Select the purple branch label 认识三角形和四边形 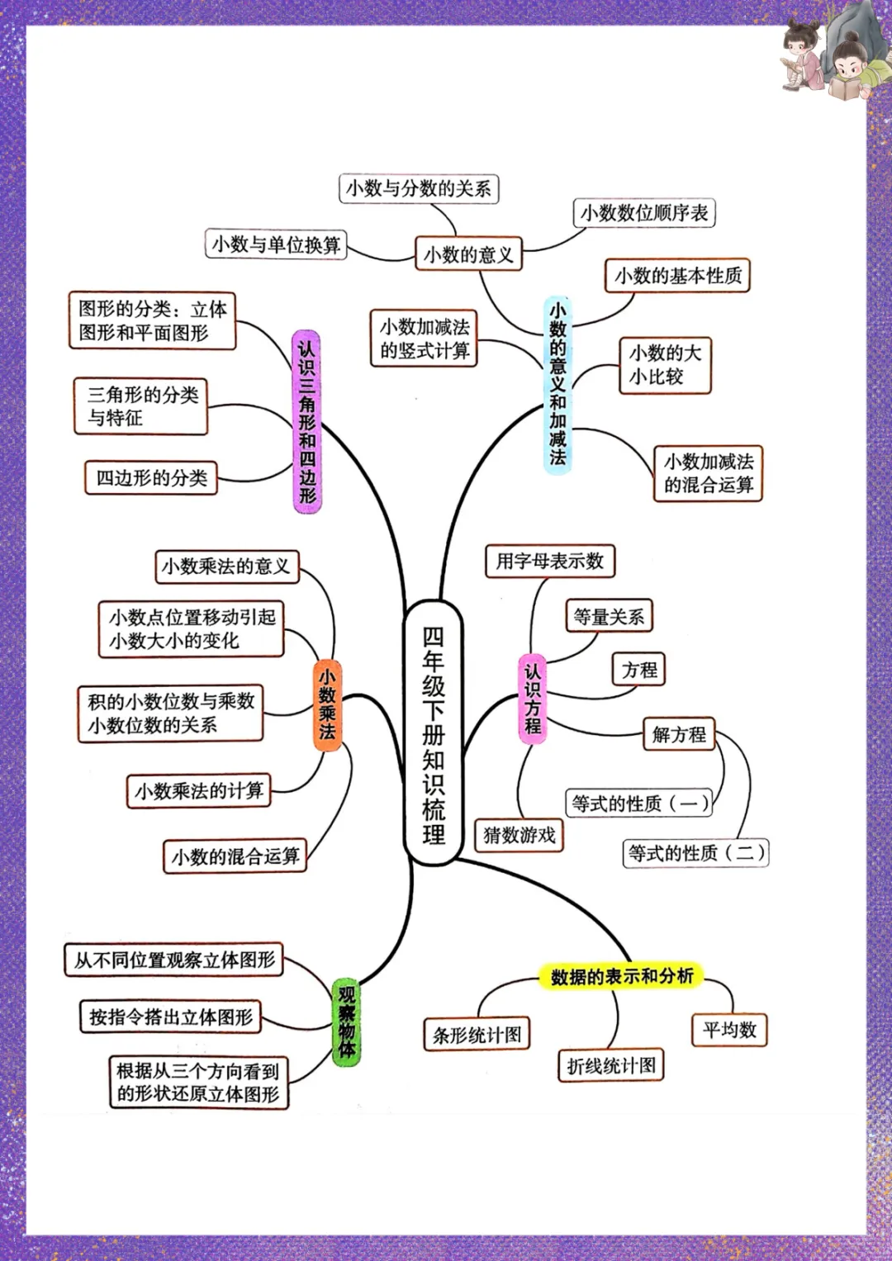pyautogui.click(x=307, y=421)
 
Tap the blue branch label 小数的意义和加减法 pyautogui.click(x=557, y=385)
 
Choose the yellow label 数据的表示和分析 pyautogui.click(x=621, y=976)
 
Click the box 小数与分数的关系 pyautogui.click(x=419, y=188)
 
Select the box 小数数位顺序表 pyautogui.click(x=644, y=213)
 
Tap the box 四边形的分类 pyautogui.click(x=151, y=478)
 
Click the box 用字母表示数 pyautogui.click(x=550, y=562)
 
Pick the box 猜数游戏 pyautogui.click(x=519, y=835)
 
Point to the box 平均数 pyautogui.click(x=729, y=1030)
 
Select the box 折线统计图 pyautogui.click(x=611, y=1065)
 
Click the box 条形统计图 pyautogui.click(x=477, y=1035)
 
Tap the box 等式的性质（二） pyautogui.click(x=696, y=853)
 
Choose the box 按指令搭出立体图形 pyautogui.click(x=171, y=1017)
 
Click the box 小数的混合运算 pyautogui.click(x=235, y=856)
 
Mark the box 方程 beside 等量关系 pyautogui.click(x=639, y=670)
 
